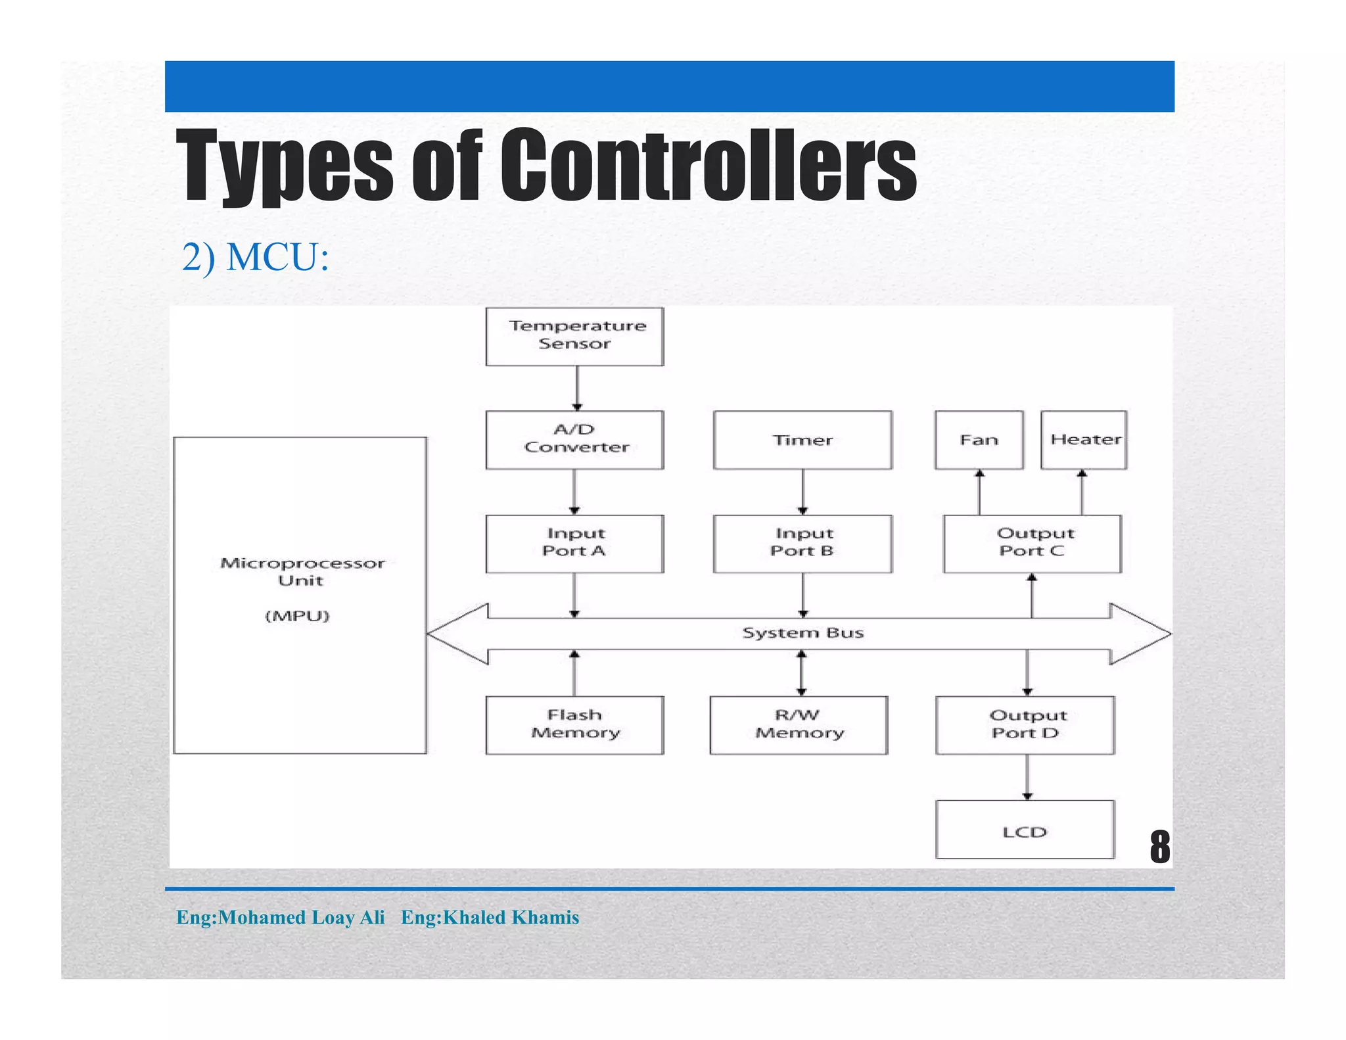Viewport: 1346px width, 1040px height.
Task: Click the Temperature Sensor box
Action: pos(574,336)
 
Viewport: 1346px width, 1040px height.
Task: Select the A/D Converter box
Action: pos(574,439)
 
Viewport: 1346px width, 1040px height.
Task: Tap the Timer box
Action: pos(802,439)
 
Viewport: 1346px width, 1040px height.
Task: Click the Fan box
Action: pos(979,439)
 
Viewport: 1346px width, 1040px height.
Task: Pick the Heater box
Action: pos(1084,439)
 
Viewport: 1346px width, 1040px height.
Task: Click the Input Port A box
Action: pos(574,543)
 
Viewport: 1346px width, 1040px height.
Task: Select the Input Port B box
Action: pos(802,543)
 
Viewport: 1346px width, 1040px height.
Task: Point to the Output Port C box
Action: pos(1032,543)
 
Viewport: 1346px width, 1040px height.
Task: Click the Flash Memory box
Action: pos(574,724)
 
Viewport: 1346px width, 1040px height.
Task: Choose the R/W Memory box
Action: pos(799,724)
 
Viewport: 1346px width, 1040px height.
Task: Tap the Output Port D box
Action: pos(1025,724)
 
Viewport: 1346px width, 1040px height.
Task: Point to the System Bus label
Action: pos(802,633)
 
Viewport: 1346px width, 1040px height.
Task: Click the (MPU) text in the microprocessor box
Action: pos(297,616)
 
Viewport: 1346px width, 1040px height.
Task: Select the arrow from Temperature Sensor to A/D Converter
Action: pos(577,388)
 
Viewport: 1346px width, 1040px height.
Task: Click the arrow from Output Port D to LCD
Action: pos(1027,777)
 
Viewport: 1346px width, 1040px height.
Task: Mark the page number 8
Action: pos(1159,847)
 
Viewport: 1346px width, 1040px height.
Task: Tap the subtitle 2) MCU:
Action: pos(255,257)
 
